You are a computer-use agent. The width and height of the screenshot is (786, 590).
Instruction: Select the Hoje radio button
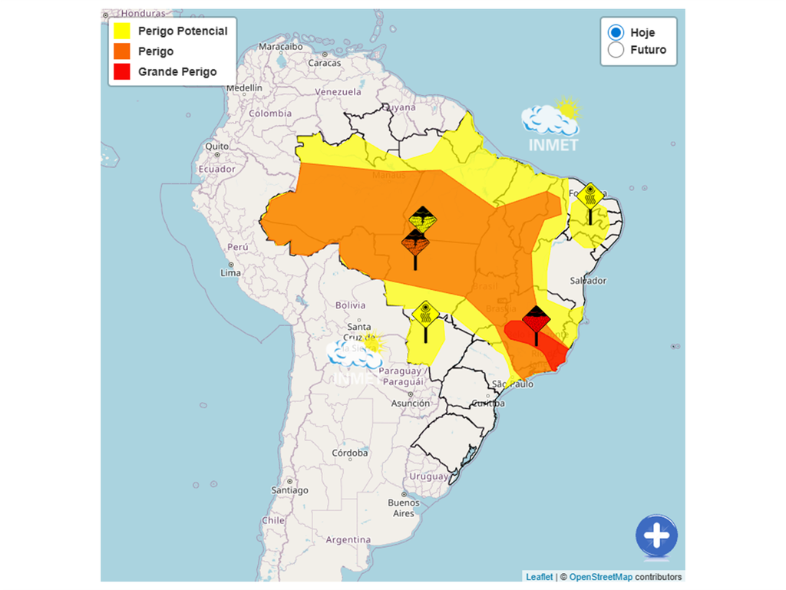(616, 32)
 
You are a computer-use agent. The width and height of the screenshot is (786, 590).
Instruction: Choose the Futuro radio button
(616, 50)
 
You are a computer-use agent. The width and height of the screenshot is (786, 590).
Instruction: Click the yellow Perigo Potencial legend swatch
(122, 31)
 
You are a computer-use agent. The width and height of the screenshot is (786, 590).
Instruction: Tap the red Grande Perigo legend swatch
(122, 71)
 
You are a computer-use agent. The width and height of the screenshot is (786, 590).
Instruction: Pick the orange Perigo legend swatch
(122, 51)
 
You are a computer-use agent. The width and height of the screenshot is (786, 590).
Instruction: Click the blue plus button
(656, 536)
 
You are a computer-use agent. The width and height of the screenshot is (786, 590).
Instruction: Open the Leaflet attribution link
(539, 577)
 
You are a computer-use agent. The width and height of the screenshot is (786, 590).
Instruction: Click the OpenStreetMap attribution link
(600, 577)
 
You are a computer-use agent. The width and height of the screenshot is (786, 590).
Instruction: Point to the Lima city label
(230, 273)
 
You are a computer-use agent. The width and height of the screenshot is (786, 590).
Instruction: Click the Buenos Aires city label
(404, 508)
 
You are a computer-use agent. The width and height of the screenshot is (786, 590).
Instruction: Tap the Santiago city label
(290, 490)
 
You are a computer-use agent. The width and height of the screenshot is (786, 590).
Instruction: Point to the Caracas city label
(325, 63)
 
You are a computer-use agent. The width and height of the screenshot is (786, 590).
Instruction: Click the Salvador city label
(589, 281)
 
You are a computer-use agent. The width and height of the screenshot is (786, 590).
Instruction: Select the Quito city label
(216, 146)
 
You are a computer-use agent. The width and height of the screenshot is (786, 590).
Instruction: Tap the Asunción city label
(410, 403)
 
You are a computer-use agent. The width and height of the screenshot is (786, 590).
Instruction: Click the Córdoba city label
(349, 453)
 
